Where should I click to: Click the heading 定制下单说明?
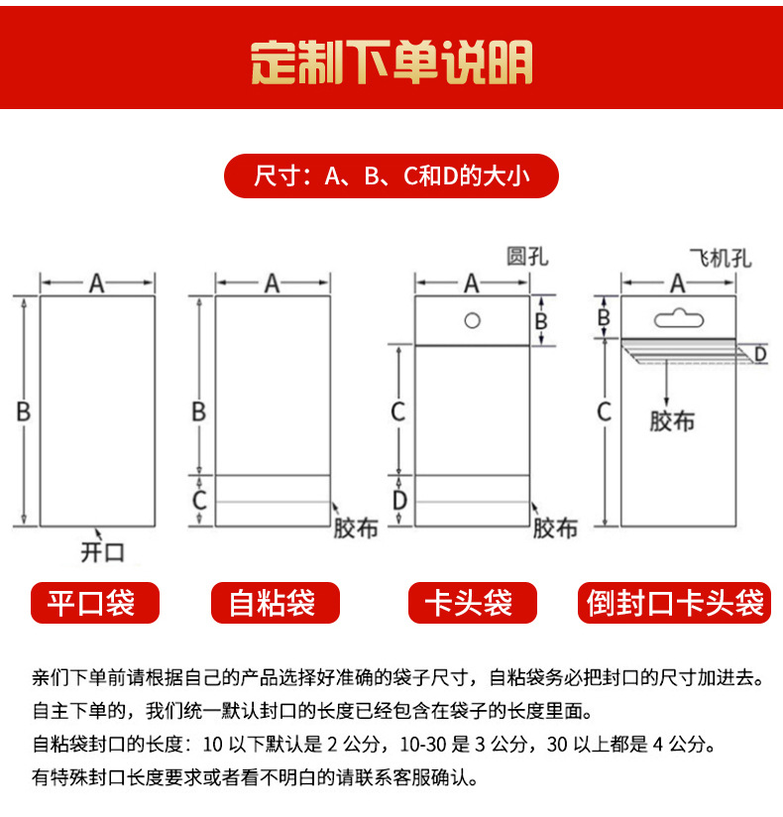point(391,62)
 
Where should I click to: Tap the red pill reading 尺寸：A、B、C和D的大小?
point(391,176)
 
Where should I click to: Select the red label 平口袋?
point(95,603)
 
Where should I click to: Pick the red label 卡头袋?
point(472,603)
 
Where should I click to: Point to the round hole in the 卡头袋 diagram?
point(473,320)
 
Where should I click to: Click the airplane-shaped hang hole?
point(678,318)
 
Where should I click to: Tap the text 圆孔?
point(526,257)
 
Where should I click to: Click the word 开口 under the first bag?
point(103,551)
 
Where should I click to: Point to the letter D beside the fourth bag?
point(760,353)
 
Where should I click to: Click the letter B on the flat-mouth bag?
point(23,410)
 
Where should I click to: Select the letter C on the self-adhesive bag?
point(199,500)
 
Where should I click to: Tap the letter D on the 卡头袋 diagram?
point(398,501)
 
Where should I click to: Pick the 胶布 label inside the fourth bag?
point(672,420)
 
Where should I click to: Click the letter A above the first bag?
point(96,284)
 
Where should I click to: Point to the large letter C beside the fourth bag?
point(604,410)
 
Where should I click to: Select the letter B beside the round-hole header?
point(541,319)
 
